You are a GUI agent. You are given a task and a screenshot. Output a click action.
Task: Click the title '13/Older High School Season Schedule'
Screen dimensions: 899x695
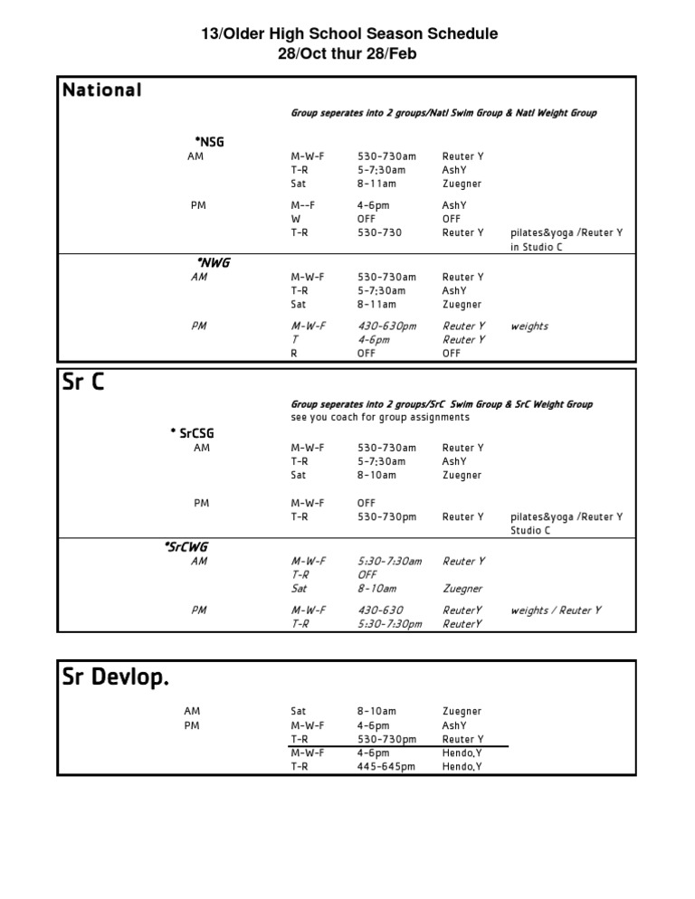point(348,34)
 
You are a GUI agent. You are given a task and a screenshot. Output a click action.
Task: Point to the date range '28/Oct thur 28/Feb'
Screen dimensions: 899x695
point(348,54)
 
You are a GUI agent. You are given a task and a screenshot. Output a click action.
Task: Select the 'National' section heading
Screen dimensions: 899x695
point(101,90)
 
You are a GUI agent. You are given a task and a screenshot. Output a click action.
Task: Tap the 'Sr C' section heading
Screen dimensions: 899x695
point(83,383)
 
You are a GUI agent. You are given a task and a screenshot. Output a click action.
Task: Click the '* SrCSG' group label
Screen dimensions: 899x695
point(192,433)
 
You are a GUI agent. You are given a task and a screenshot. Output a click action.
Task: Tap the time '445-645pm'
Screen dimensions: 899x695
point(386,767)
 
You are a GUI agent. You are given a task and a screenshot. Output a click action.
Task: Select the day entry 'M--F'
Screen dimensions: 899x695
point(303,205)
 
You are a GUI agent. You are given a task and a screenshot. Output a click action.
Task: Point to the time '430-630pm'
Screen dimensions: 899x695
point(386,326)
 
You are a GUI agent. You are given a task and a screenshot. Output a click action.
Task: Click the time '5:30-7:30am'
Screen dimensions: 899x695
point(389,562)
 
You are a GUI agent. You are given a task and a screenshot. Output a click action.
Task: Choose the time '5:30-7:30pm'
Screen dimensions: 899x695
point(389,624)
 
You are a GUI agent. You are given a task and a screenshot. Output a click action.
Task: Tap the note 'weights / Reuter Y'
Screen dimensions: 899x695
point(556,610)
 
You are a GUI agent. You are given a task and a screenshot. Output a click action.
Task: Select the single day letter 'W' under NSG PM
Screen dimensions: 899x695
point(295,219)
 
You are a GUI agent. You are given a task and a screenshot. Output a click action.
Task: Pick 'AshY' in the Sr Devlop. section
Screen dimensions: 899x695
point(454,725)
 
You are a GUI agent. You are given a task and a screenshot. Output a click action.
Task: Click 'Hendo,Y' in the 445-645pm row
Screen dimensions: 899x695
point(462,767)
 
